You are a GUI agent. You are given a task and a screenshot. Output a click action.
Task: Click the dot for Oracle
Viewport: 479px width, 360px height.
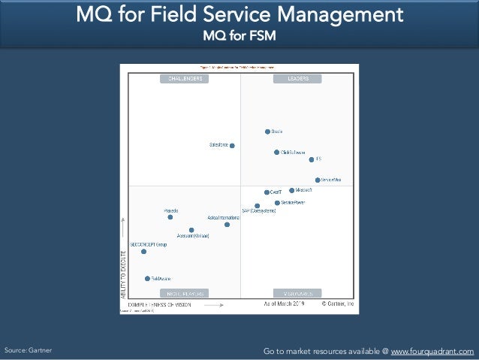click(x=267, y=132)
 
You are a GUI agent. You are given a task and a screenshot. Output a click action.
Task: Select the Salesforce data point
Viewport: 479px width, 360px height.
click(x=232, y=145)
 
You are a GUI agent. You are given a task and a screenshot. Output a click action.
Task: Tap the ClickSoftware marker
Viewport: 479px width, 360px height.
click(x=276, y=152)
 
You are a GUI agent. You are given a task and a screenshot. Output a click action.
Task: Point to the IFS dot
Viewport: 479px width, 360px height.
click(x=312, y=159)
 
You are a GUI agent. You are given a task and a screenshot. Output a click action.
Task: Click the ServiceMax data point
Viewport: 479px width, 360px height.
click(x=318, y=180)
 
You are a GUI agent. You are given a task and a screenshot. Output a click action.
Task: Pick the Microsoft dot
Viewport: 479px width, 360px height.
click(x=291, y=190)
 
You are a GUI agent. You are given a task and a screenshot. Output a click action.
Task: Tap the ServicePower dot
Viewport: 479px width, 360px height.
click(x=276, y=202)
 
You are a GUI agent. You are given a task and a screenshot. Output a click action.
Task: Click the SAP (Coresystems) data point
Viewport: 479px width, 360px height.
click(x=257, y=205)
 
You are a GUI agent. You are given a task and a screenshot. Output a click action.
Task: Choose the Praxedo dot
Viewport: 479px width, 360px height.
click(x=170, y=217)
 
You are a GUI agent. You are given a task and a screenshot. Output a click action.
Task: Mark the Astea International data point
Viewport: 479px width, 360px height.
click(x=227, y=224)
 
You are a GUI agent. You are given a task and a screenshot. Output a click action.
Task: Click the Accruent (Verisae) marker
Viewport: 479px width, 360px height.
click(x=191, y=230)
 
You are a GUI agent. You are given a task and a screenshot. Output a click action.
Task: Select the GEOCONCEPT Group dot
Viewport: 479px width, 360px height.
click(x=143, y=251)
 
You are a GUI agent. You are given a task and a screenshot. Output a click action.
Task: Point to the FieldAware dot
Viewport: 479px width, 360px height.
click(x=147, y=278)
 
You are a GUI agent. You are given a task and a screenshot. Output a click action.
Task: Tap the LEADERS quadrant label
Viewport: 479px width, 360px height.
click(x=298, y=78)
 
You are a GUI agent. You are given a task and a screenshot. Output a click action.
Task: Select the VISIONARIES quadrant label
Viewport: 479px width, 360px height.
click(x=298, y=293)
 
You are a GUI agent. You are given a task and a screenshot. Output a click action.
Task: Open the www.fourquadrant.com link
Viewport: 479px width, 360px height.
click(x=432, y=351)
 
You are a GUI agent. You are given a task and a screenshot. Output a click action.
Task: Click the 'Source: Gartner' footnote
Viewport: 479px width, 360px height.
click(x=29, y=351)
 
